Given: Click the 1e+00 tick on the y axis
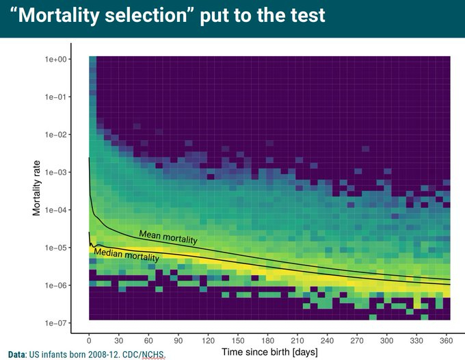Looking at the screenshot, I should [x=55, y=60].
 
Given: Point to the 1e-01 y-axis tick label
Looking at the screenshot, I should [x=55, y=97].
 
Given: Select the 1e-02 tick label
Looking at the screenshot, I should [x=55, y=135].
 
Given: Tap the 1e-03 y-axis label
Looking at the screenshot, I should [x=55, y=172].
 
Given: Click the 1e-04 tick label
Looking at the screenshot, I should [x=55, y=210].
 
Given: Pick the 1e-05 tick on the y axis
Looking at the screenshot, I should [x=55, y=248].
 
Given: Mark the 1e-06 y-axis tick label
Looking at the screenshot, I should [x=55, y=285].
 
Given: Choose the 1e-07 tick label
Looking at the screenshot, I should [x=55, y=323].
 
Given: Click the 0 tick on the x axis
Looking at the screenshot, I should [x=89, y=339].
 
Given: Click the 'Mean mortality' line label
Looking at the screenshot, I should [x=168, y=238].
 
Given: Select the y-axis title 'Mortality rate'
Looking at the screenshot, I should [x=37, y=189].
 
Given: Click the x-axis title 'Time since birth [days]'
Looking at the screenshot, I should [x=269, y=352].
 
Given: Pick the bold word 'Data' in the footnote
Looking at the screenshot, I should [x=16, y=354].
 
